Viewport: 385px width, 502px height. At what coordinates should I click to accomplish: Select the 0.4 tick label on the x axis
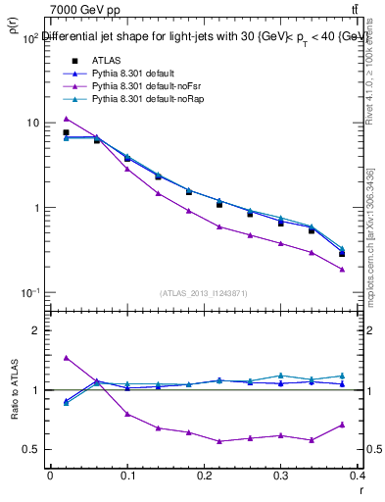point(361,479)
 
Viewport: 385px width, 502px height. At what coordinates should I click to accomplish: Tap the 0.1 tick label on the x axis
point(127,479)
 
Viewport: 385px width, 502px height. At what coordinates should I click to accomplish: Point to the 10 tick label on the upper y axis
point(32,123)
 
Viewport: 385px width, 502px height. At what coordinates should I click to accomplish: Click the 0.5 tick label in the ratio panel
point(32,450)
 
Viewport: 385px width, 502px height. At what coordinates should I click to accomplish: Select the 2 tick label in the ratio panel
point(36,330)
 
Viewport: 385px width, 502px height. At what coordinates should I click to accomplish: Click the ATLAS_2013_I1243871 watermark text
point(204,293)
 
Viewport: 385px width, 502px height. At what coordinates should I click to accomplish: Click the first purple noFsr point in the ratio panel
point(66,358)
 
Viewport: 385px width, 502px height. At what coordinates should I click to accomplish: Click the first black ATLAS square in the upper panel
point(66,132)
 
